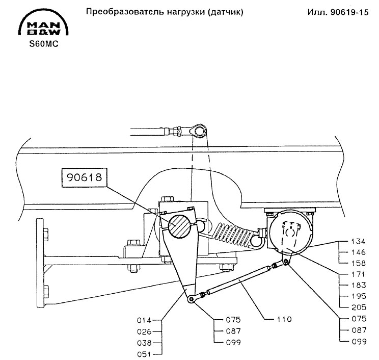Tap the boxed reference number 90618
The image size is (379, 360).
(85, 178)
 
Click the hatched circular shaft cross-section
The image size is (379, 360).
(180, 226)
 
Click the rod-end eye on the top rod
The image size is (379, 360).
(199, 131)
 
